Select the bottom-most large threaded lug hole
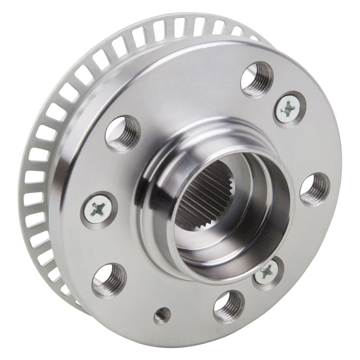[229, 307]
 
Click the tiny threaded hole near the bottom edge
[162, 316]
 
